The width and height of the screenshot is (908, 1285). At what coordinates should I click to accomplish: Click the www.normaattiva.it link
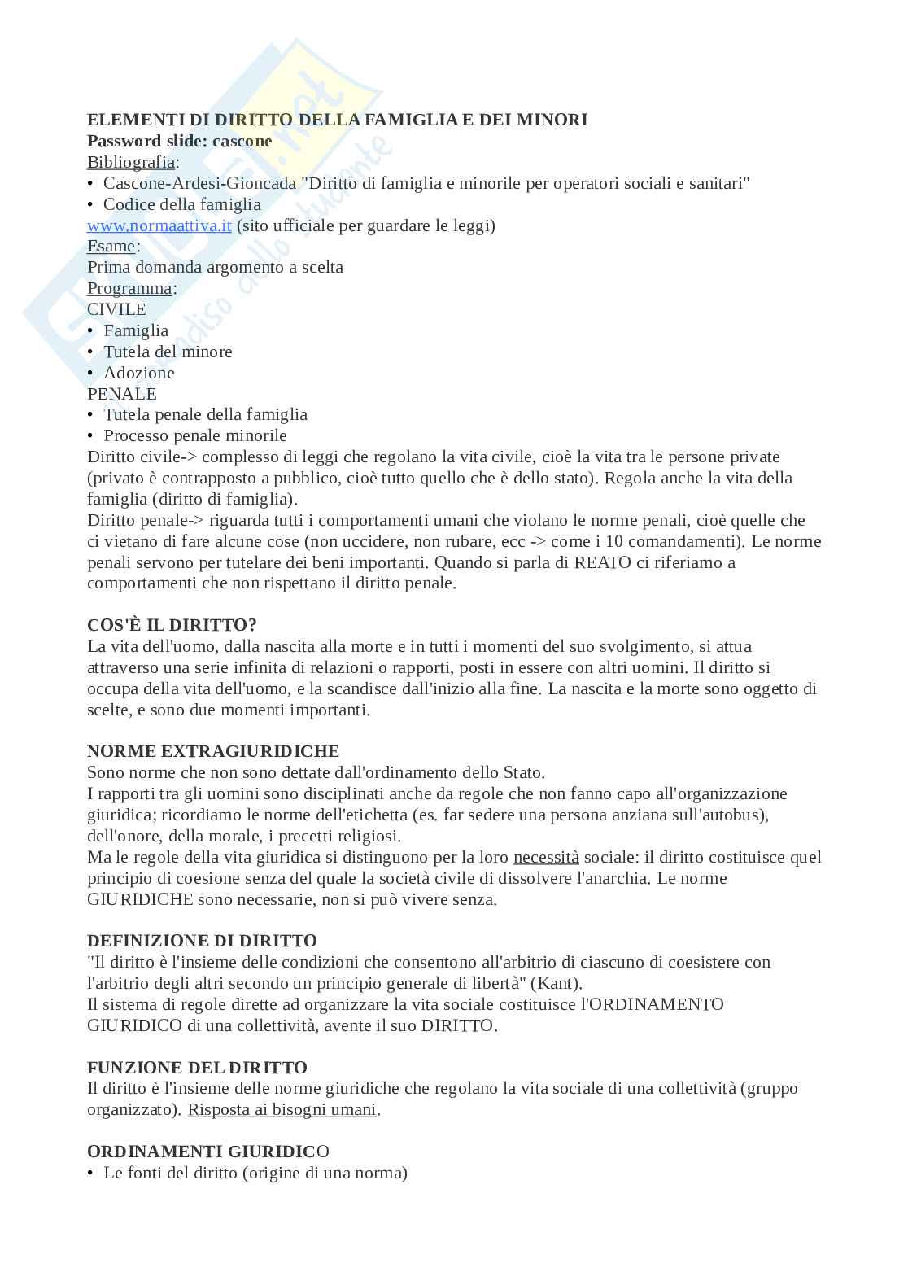pos(159,225)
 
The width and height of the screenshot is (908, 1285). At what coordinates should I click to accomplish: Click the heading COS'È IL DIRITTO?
pos(172,625)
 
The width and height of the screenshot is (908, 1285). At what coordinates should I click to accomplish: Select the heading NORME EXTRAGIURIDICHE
pos(213,751)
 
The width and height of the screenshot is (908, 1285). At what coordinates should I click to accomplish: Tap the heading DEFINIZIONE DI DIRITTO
pos(202,941)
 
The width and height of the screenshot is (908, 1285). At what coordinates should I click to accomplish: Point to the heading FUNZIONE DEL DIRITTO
pos(197,1067)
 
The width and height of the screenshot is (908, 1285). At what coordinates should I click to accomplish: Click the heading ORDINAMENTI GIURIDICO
pos(208,1152)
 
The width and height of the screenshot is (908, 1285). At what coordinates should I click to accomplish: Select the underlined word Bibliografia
pos(130,162)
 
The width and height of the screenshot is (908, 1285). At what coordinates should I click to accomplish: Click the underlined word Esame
pos(111,246)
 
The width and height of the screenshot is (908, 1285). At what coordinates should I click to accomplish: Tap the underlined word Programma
pos(129,288)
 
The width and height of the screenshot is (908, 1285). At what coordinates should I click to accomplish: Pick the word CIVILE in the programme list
pos(116,309)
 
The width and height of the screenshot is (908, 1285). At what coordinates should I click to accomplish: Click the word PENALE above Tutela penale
pos(122,394)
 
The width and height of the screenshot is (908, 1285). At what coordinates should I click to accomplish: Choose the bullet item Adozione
pos(138,373)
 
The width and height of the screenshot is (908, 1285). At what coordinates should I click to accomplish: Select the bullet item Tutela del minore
pos(168,352)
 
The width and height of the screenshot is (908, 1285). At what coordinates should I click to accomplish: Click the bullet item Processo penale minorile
pos(195,435)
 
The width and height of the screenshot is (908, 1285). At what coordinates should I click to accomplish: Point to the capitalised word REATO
pos(602,562)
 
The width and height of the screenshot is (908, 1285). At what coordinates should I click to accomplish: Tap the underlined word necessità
pos(546,857)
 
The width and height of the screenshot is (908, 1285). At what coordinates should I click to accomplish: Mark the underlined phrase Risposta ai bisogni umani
pos(282,1109)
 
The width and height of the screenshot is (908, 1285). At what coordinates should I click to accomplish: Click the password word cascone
pos(242,141)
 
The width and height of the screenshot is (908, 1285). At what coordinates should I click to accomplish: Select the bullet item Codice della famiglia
pos(182,204)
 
